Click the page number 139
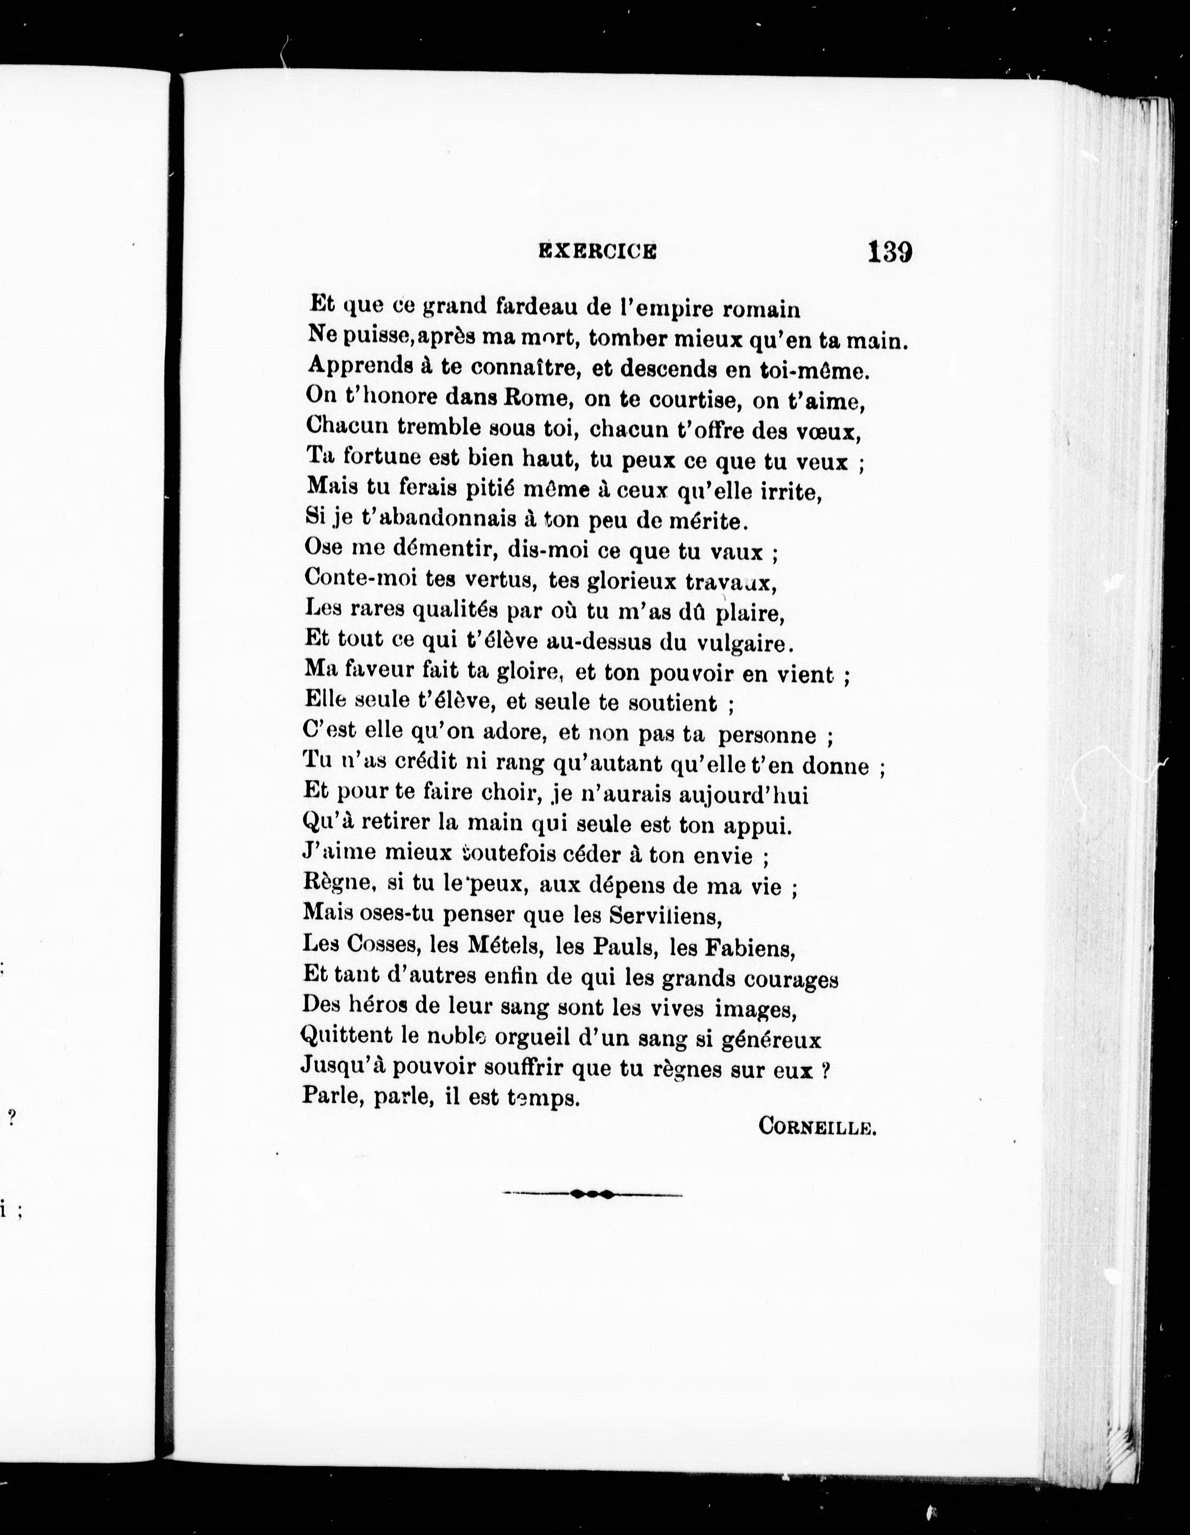tap(889, 252)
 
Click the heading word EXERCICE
tap(597, 251)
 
